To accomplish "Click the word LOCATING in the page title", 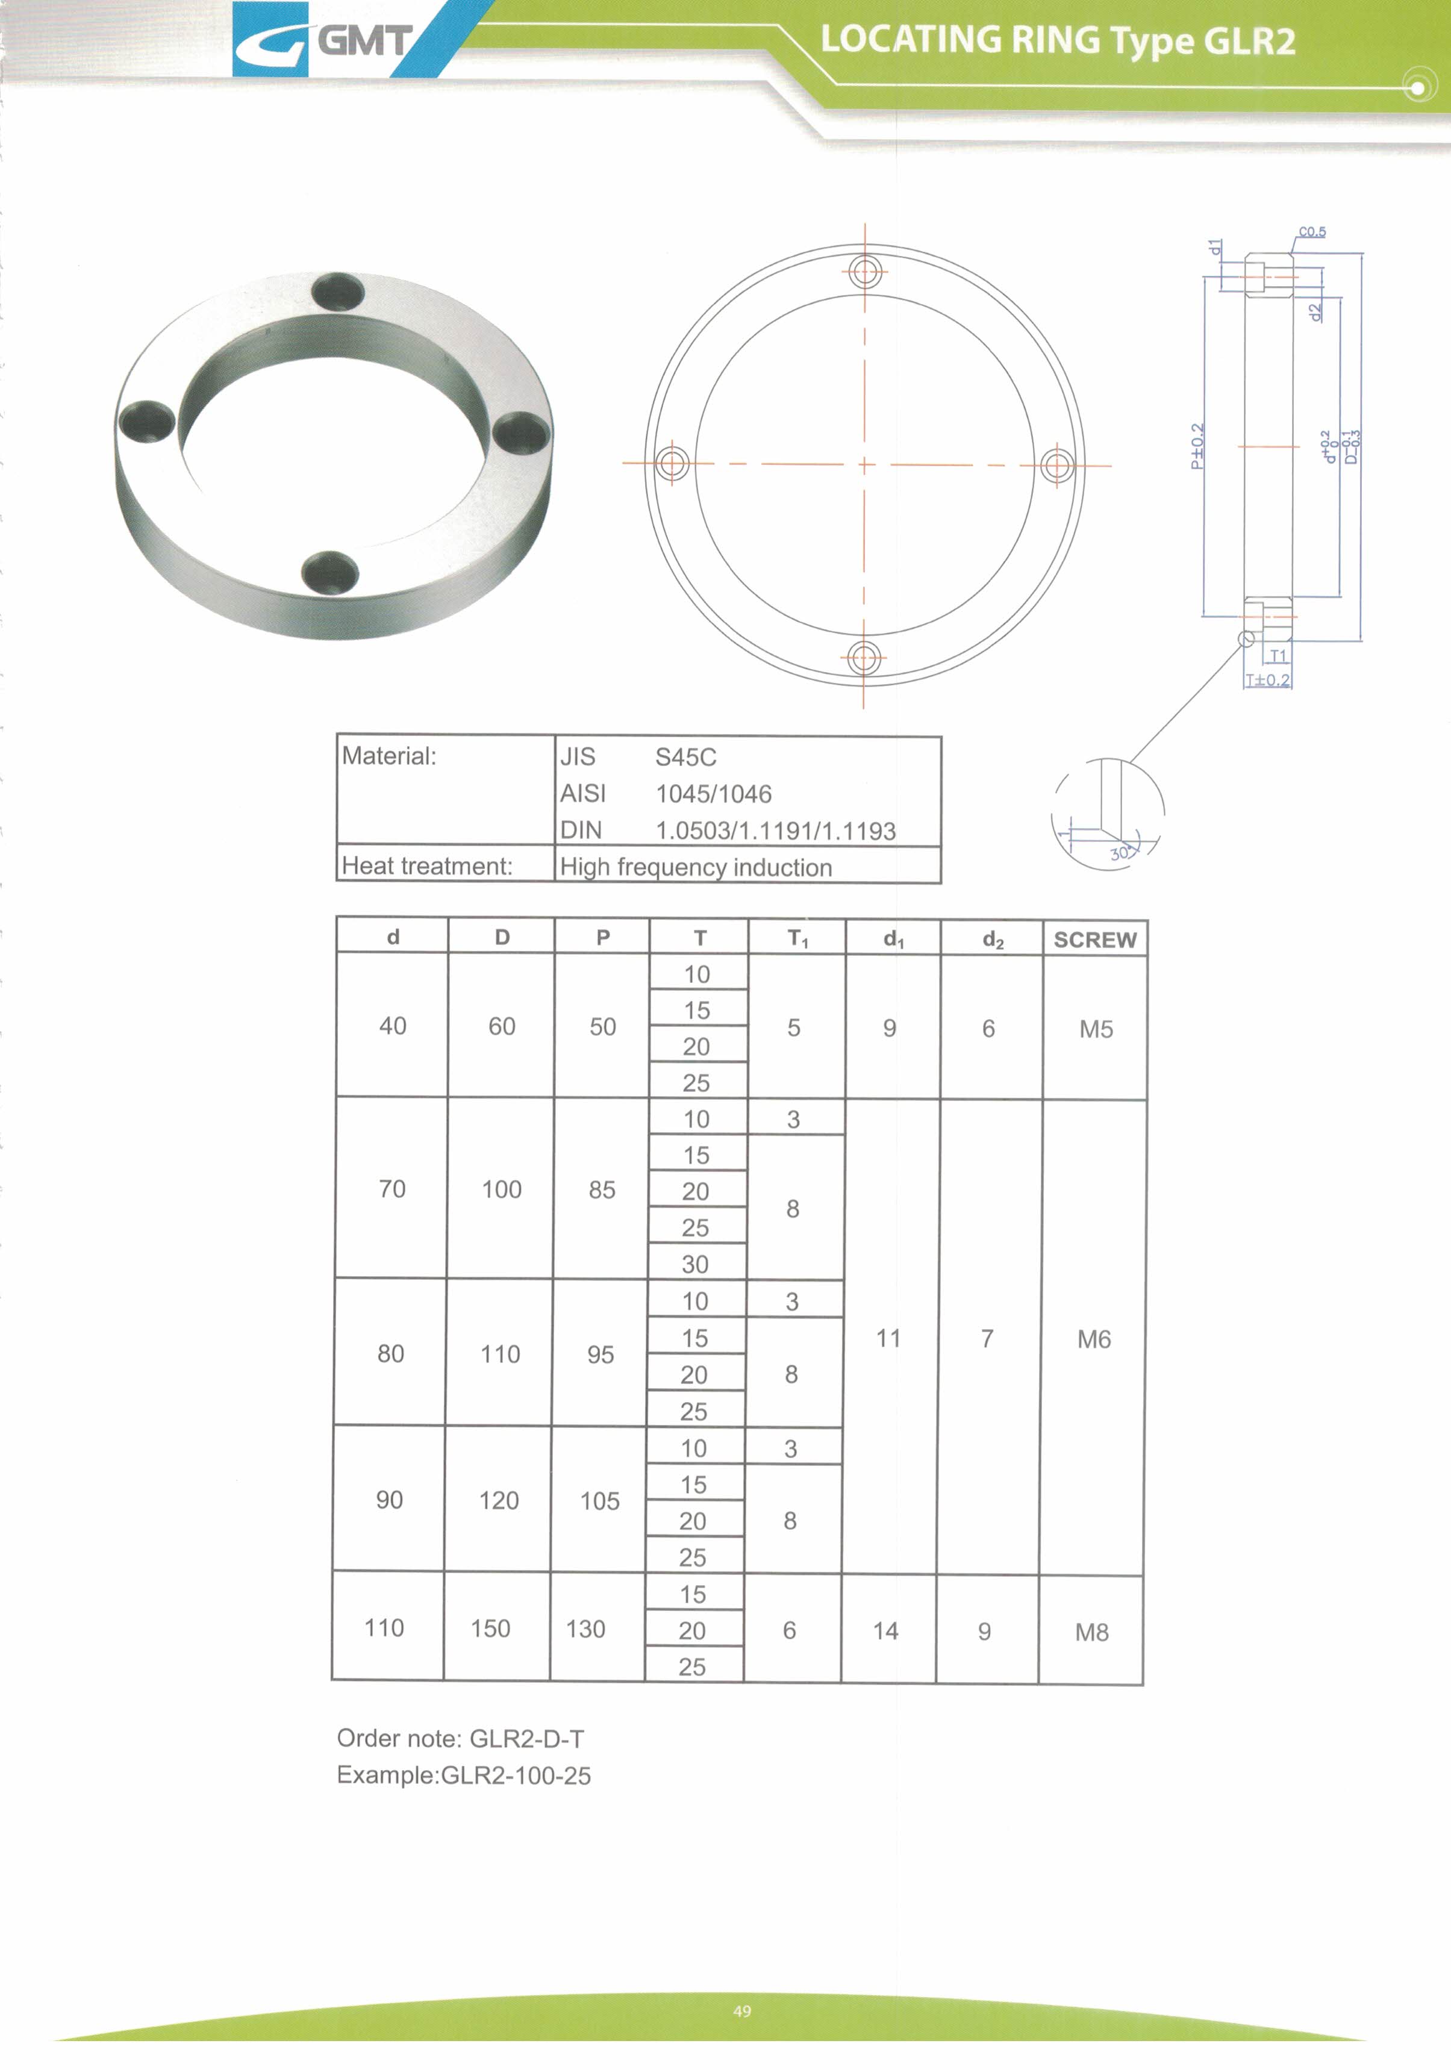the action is (x=910, y=40).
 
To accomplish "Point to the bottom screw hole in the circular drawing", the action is (x=864, y=658).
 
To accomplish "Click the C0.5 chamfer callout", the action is (x=1312, y=232).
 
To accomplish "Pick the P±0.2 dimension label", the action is (x=1197, y=446).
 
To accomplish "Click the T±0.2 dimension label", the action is (x=1268, y=680).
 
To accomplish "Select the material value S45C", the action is (x=685, y=757).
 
